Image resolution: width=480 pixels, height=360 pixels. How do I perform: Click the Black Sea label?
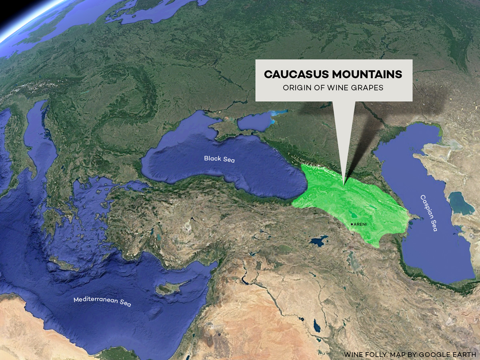(x=219, y=159)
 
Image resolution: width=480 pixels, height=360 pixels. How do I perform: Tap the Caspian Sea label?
(x=429, y=213)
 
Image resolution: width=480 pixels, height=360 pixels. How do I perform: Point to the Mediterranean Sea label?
(x=102, y=301)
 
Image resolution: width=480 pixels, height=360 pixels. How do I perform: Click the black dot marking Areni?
(x=352, y=224)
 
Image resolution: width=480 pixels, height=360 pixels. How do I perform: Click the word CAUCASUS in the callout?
(x=296, y=75)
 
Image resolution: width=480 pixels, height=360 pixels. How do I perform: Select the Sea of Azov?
(x=255, y=122)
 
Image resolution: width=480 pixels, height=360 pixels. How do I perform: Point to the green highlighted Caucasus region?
(x=352, y=200)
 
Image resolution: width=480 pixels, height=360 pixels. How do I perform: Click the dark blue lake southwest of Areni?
(x=319, y=241)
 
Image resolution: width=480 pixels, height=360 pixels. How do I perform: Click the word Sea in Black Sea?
(x=229, y=160)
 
